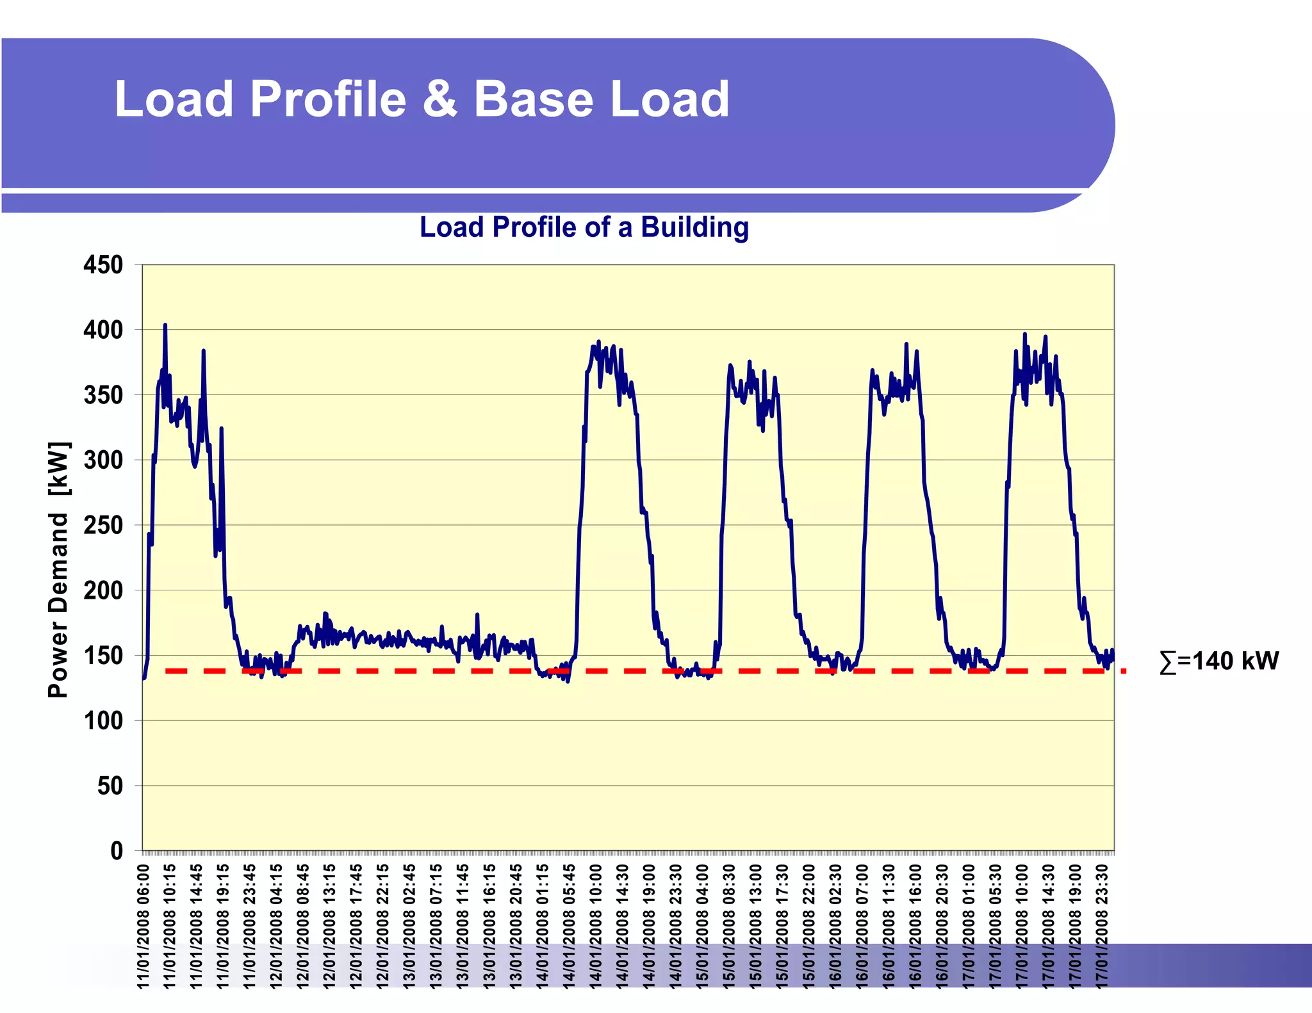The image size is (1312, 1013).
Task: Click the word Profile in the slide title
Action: [328, 99]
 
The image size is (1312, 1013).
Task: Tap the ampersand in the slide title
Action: [440, 99]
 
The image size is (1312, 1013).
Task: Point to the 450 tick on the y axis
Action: [103, 264]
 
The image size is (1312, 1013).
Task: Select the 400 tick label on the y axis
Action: [103, 330]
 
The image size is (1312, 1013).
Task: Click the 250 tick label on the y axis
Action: [103, 525]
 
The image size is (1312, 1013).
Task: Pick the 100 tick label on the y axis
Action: [103, 721]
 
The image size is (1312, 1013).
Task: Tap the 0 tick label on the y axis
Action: [116, 851]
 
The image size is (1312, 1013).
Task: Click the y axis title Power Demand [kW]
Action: [58, 570]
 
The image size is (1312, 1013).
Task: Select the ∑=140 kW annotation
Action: [1219, 661]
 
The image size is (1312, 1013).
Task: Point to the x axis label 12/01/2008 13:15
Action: [330, 926]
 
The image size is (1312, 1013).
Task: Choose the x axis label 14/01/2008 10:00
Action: [596, 926]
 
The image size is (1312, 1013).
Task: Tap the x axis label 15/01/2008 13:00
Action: [756, 926]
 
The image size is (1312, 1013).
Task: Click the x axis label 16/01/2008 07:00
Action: [862, 926]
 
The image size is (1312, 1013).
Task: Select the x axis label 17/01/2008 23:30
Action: [1102, 926]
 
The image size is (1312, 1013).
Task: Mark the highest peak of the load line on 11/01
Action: [165, 325]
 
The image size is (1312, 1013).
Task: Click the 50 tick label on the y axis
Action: [110, 786]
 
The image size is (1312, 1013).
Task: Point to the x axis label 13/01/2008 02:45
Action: [409, 926]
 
